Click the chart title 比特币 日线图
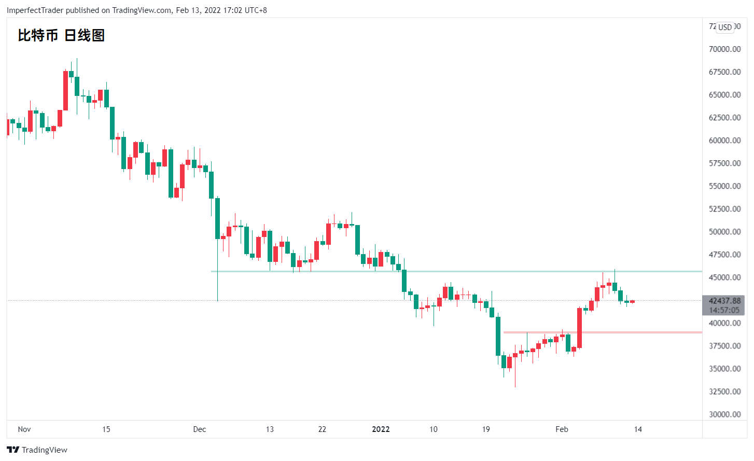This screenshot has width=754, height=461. [x=61, y=35]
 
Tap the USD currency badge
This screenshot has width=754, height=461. [x=725, y=27]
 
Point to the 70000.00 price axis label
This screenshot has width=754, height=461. [x=724, y=49]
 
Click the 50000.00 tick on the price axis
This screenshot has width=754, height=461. [x=724, y=232]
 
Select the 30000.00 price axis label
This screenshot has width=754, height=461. [x=724, y=414]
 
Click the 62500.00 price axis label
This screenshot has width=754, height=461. [x=724, y=118]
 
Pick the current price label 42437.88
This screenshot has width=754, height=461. [x=724, y=301]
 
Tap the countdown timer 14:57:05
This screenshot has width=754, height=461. [x=724, y=310]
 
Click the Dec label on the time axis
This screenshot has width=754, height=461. [x=199, y=429]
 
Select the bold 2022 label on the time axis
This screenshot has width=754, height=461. [x=381, y=429]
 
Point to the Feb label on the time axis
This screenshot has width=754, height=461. [x=562, y=429]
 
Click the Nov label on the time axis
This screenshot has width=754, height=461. [x=24, y=429]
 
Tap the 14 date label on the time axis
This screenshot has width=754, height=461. [x=638, y=429]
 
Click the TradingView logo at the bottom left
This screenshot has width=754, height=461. [x=37, y=450]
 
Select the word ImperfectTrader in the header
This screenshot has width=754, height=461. [x=35, y=10]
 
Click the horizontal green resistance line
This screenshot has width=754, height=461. [x=456, y=271]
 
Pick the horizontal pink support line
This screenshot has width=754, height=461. [x=603, y=332]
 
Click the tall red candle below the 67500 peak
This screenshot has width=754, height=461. [x=66, y=91]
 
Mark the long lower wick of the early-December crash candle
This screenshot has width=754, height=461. [x=217, y=270]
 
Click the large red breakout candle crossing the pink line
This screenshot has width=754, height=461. [x=580, y=328]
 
